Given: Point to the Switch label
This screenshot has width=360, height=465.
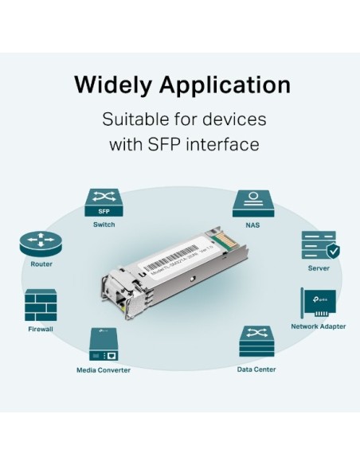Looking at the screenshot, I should (x=104, y=225).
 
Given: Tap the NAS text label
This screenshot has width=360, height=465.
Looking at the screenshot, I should (x=252, y=225).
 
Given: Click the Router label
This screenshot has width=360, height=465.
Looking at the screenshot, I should (x=41, y=264).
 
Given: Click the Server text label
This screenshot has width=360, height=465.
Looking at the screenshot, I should (x=319, y=268).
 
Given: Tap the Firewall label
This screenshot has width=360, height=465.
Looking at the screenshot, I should (x=41, y=328).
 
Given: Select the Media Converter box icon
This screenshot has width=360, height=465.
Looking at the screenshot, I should (x=104, y=346).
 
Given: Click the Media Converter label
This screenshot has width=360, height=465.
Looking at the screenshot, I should (x=104, y=370).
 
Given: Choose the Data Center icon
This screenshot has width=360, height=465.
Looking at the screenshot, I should (x=256, y=343).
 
